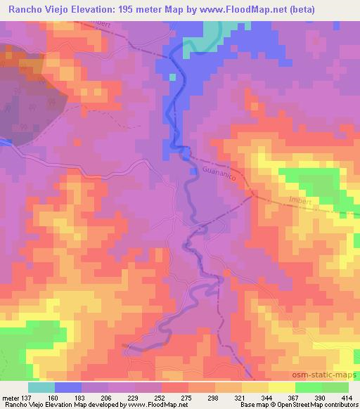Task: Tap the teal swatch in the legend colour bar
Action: [41, 387]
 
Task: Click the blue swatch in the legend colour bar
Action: [68, 387]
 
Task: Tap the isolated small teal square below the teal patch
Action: [172, 77]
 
